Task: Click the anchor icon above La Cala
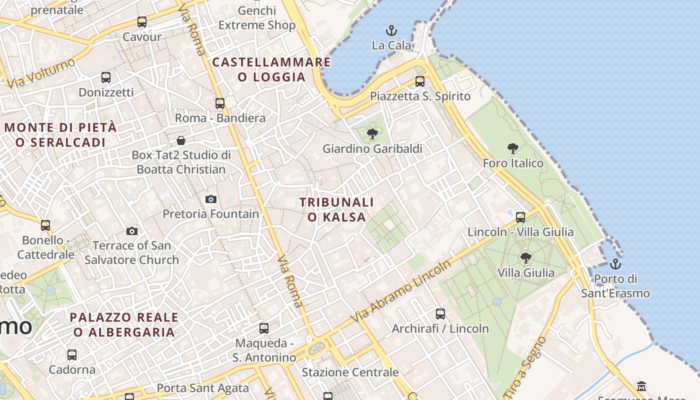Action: [x=391, y=30]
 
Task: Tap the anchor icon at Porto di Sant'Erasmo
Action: [x=615, y=263]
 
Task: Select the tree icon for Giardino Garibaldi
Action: [x=372, y=133]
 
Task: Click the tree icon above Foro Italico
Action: [x=512, y=148]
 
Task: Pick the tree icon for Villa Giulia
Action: [x=525, y=257]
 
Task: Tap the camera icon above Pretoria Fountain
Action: [x=211, y=199]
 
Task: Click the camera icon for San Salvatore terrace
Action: [x=132, y=230]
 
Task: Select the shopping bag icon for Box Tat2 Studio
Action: [x=181, y=140]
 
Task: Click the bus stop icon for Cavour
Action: [x=142, y=22]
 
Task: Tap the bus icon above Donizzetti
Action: [x=106, y=77]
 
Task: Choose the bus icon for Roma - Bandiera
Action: [x=220, y=103]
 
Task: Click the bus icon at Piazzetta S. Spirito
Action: [x=420, y=81]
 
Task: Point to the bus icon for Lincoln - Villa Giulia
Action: [x=520, y=217]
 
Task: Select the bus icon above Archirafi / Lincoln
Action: [x=440, y=313]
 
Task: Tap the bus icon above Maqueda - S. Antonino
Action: [x=264, y=328]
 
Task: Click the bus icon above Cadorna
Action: [x=72, y=355]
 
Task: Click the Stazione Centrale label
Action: [x=350, y=372]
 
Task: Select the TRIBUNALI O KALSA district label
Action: [x=336, y=209]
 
